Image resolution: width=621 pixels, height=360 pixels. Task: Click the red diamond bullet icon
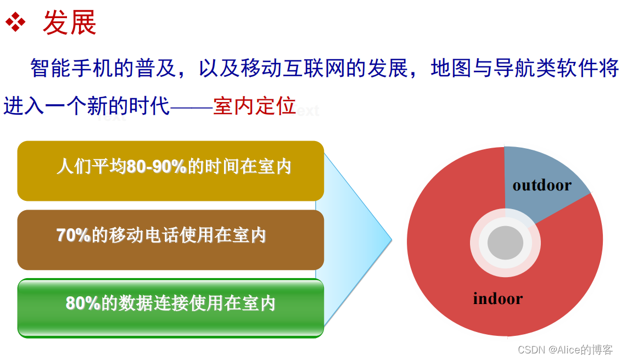pos(15,22)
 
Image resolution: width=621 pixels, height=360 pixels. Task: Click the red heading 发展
pos(69,23)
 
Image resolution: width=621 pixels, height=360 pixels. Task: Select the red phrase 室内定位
pos(255,106)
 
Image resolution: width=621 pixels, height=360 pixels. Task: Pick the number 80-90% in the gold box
pos(157,167)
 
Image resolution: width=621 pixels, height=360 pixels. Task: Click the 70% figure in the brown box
pos(74,235)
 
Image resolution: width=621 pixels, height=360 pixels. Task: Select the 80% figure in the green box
pos(83,303)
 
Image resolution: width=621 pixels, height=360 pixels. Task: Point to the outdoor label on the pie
pos(541,185)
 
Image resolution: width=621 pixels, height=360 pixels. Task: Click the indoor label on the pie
pos(497,299)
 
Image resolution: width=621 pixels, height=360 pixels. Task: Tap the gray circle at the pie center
pos(505,243)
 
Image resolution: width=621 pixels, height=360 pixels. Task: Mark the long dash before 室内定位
pos(192,106)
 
